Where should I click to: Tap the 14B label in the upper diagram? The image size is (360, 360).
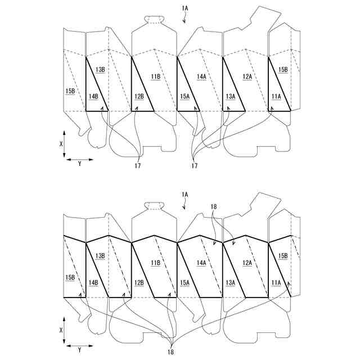pos(93,96)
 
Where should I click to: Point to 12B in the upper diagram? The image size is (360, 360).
pos(139,96)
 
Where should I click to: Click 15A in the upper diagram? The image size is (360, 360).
pos(184,96)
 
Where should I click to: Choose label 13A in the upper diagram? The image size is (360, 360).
pos(230,96)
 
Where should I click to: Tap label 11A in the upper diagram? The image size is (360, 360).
pos(276,96)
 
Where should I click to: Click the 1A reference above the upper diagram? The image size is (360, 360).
pos(185,8)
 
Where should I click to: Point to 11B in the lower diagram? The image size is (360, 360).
pos(155,263)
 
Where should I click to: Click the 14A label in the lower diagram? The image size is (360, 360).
pos(201,263)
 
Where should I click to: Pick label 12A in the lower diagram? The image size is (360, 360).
pos(247,263)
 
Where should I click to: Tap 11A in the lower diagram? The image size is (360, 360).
pos(276,283)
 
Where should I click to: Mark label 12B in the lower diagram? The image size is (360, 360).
pos(139,283)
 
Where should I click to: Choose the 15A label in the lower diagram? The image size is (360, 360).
pos(184,283)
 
